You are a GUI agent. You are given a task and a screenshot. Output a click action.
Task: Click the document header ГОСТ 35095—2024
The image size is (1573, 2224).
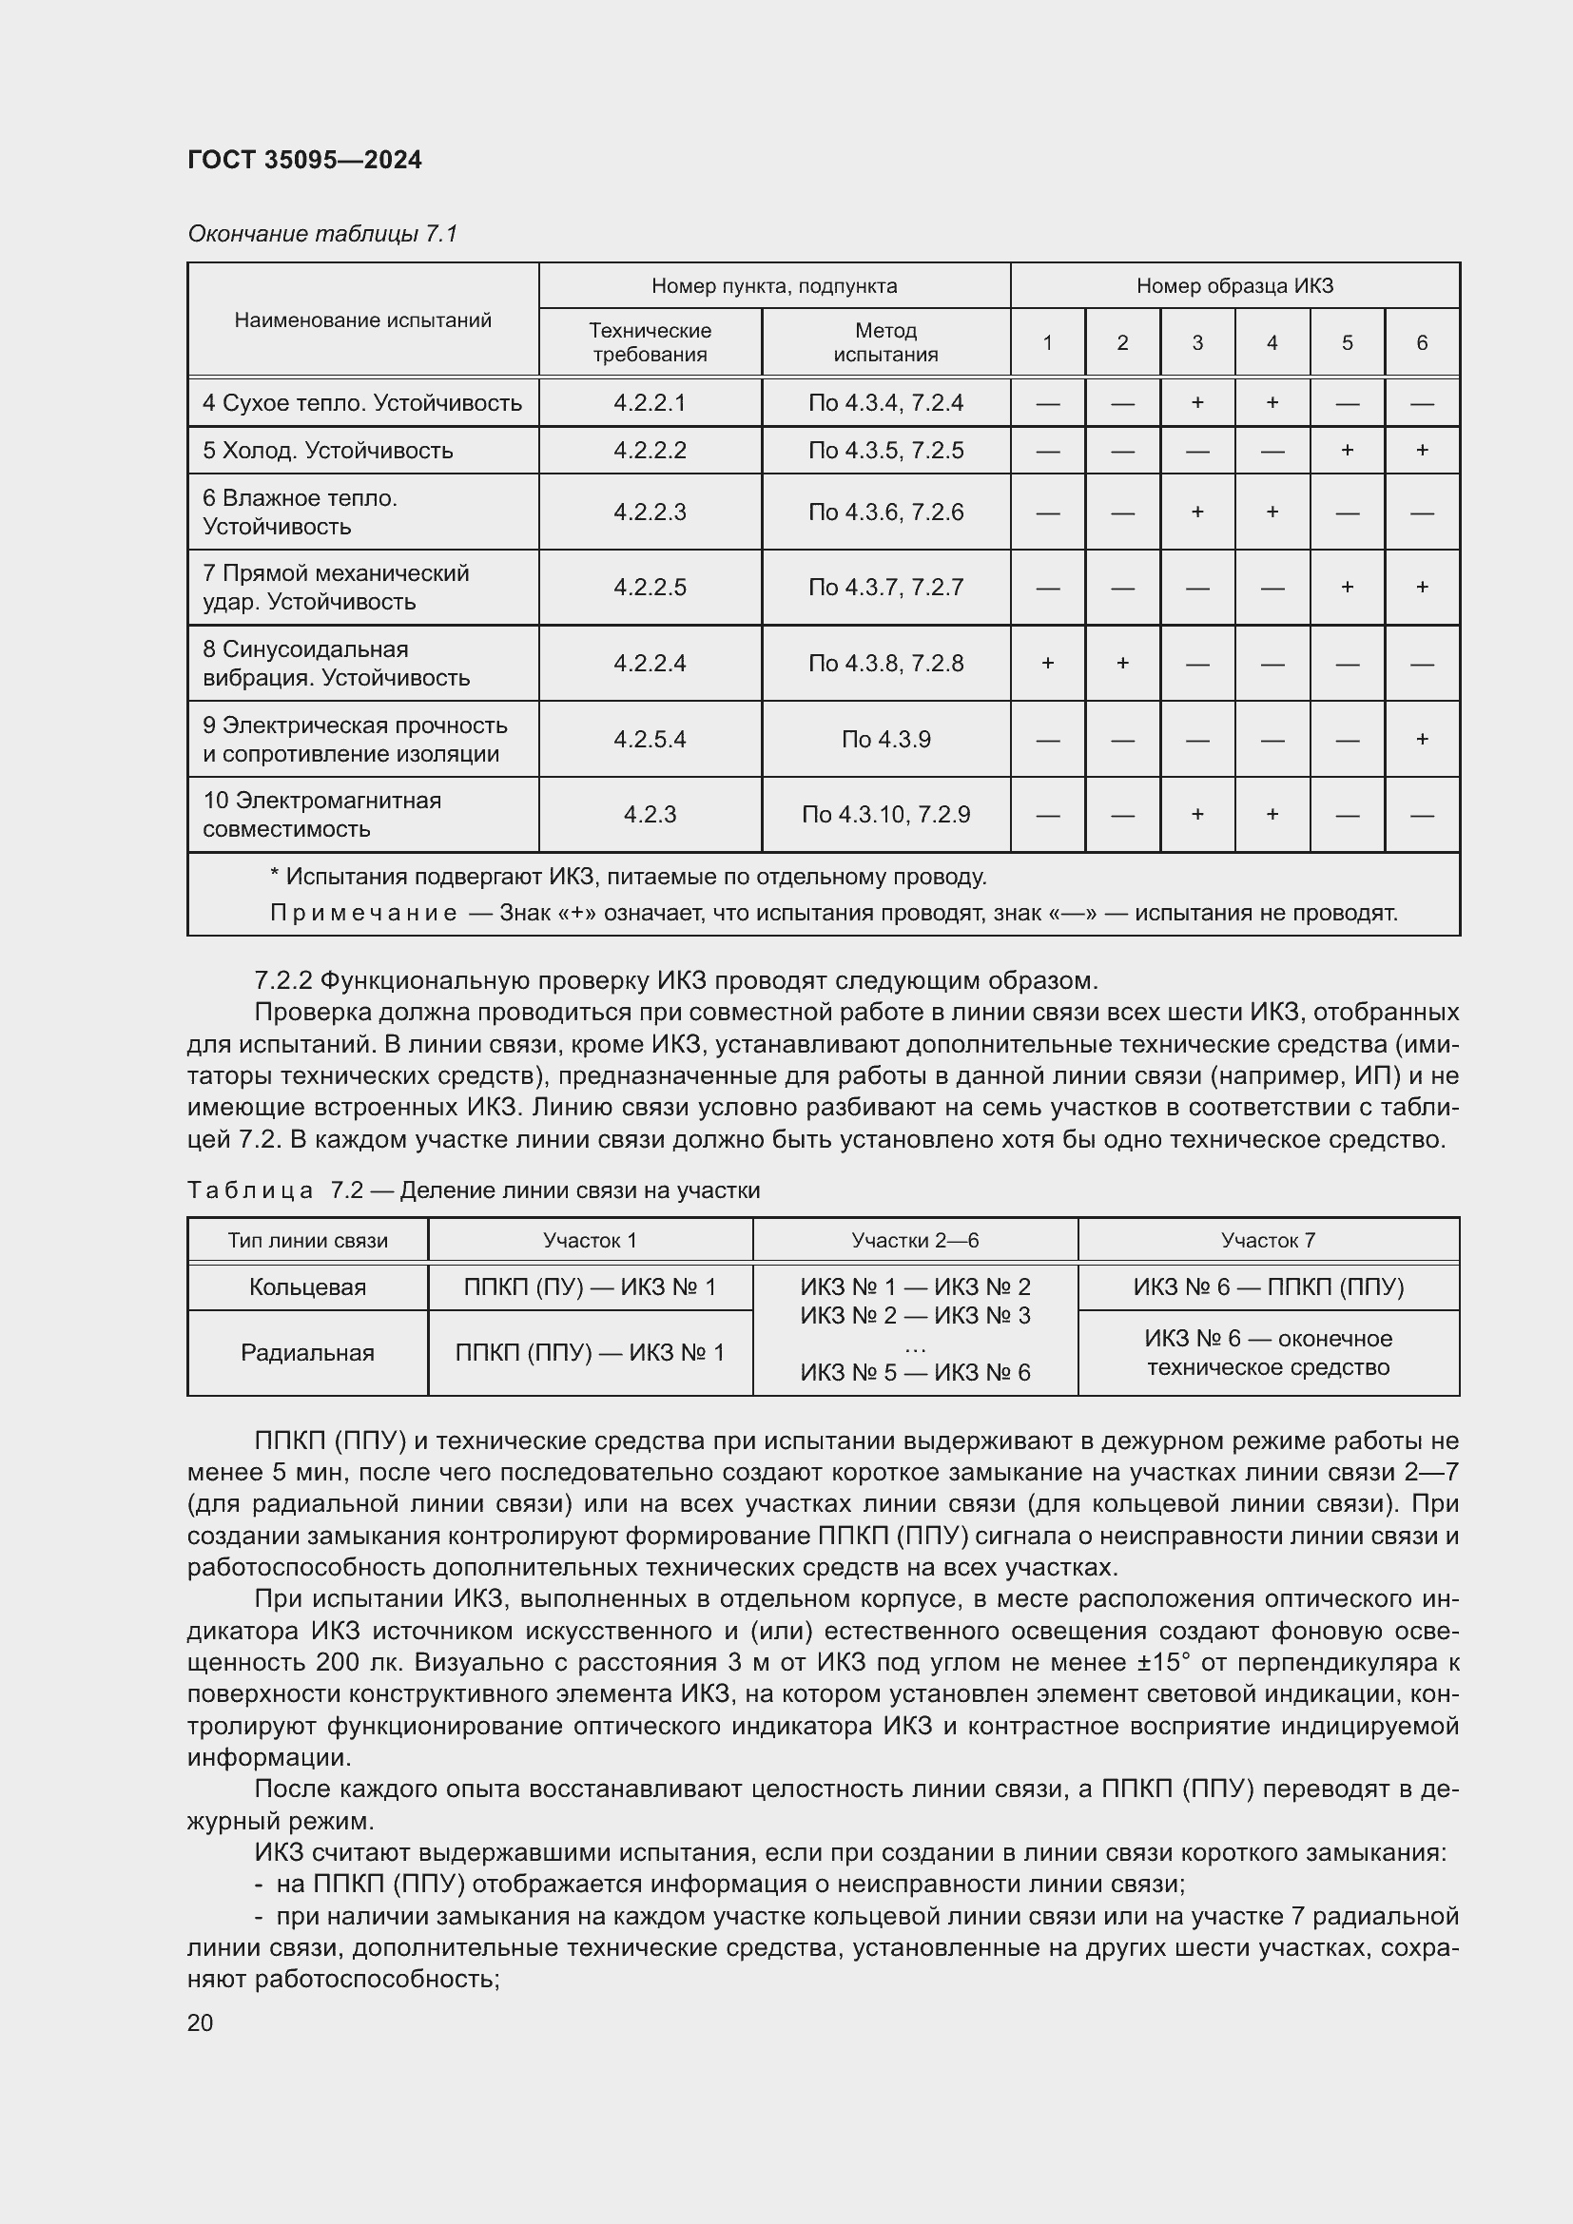304,160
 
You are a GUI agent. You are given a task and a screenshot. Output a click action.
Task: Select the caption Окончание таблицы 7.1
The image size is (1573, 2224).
321,234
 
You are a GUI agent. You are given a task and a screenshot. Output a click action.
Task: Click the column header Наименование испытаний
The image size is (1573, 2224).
362,319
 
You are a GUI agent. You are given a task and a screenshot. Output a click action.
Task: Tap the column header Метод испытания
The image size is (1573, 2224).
885,342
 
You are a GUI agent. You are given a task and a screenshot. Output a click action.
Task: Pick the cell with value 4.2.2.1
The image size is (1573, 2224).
649,403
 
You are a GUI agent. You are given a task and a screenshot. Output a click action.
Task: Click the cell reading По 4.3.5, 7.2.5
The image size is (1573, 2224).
885,451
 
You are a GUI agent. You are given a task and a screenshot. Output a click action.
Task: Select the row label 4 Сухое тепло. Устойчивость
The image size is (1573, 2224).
362,403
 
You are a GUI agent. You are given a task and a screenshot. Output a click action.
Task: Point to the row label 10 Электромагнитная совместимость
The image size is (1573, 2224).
321,815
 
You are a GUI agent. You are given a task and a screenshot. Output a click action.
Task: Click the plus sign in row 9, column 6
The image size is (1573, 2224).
1421,739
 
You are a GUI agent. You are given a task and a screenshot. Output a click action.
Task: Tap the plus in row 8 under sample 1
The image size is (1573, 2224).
1047,664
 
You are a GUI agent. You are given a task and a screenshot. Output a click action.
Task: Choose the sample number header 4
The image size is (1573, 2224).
1272,342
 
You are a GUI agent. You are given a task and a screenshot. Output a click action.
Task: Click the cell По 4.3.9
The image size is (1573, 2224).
885,739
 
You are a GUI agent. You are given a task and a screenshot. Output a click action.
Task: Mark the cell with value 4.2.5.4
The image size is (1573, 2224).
649,739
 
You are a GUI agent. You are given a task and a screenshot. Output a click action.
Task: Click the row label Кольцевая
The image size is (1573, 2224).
307,1287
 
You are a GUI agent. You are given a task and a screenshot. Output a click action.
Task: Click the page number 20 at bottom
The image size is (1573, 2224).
200,2022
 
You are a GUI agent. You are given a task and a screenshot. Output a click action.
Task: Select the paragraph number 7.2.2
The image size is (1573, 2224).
282,980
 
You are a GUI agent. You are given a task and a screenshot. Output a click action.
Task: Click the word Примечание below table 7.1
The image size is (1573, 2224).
362,914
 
